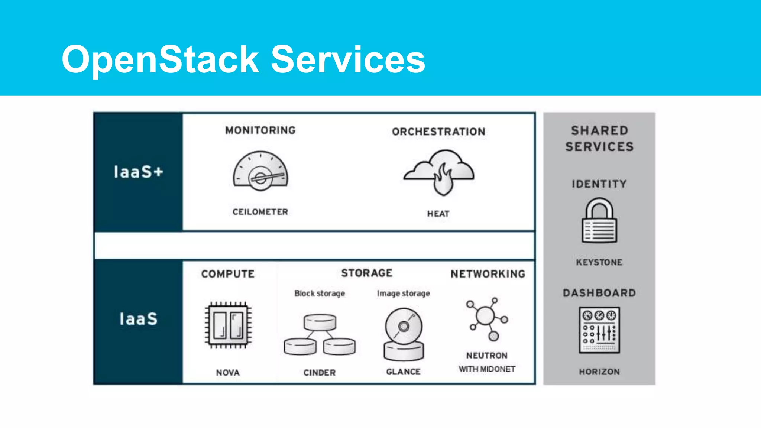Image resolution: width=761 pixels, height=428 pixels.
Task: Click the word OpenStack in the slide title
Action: click(x=160, y=59)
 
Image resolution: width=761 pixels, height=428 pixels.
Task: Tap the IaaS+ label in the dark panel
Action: click(x=138, y=172)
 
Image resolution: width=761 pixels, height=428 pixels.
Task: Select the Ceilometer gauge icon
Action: click(x=260, y=171)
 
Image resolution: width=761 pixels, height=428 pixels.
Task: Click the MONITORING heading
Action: click(x=260, y=130)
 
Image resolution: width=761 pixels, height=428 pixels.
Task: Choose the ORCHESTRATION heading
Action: click(x=438, y=132)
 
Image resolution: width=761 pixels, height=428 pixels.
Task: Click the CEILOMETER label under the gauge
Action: click(x=260, y=212)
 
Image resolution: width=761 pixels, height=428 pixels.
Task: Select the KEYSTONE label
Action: click(x=599, y=262)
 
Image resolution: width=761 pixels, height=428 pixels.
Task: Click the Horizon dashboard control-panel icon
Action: click(x=599, y=330)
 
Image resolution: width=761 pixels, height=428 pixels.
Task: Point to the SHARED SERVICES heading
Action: click(x=599, y=139)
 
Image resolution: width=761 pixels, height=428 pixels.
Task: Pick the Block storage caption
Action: click(x=320, y=294)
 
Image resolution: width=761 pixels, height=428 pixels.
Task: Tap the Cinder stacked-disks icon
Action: click(x=320, y=334)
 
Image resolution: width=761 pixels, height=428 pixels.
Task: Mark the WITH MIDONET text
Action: click(x=487, y=369)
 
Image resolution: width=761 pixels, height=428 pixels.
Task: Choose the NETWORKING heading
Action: click(x=488, y=274)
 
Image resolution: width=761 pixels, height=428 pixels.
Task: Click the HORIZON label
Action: click(x=599, y=372)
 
